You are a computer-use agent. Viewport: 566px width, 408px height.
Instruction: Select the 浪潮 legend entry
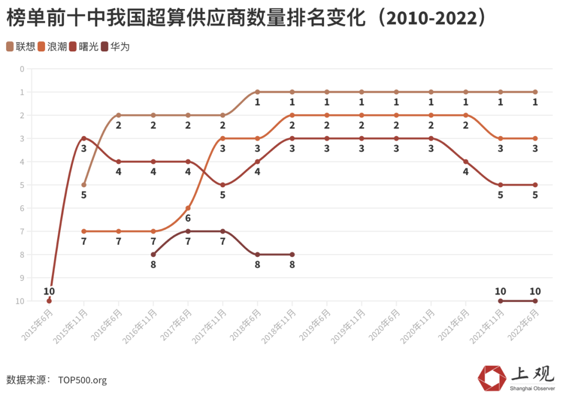(x=52, y=47)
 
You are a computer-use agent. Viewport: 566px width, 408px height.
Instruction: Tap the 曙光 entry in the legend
(x=84, y=47)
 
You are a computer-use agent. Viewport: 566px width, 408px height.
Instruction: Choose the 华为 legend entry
(x=115, y=47)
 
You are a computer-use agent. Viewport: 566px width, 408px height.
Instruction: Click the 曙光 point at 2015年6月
(x=49, y=301)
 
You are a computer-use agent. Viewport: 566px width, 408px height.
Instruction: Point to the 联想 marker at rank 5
(x=84, y=185)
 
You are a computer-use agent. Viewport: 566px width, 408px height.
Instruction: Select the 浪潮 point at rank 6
(x=188, y=208)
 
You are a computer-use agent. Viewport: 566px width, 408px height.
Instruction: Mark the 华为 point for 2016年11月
(x=153, y=255)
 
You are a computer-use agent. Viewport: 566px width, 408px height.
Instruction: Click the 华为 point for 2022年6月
(x=535, y=301)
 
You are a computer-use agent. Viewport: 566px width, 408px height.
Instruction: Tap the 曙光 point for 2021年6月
(x=465, y=161)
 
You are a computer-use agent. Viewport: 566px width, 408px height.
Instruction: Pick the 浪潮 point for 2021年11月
(x=500, y=138)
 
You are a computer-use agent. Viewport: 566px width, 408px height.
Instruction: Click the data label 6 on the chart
(x=188, y=218)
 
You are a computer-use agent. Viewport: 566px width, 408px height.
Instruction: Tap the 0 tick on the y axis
(x=22, y=69)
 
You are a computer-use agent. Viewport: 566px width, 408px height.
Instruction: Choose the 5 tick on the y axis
(x=22, y=185)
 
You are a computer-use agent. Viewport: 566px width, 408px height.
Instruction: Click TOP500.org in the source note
(x=82, y=380)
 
